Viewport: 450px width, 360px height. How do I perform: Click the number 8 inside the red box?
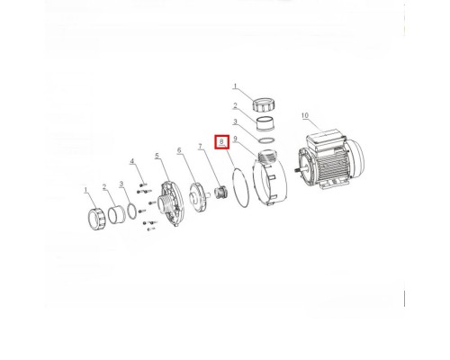221,141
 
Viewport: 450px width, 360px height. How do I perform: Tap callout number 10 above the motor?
305,115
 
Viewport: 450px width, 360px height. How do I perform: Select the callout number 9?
235,139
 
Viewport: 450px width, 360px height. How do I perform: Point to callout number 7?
200,147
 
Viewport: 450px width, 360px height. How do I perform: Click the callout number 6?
179,150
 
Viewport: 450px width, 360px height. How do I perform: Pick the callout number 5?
157,156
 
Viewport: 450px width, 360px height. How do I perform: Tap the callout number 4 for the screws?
132,161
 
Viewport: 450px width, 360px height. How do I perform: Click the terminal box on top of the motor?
325,139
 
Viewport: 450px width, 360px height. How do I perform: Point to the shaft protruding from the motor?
298,170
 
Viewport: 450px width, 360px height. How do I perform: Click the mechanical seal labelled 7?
221,193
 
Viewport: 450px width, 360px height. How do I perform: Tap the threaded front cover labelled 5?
171,203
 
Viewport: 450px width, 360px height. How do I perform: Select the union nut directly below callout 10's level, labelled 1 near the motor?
263,104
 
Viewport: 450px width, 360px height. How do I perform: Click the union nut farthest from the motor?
97,219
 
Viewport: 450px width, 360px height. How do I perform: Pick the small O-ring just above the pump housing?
266,140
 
